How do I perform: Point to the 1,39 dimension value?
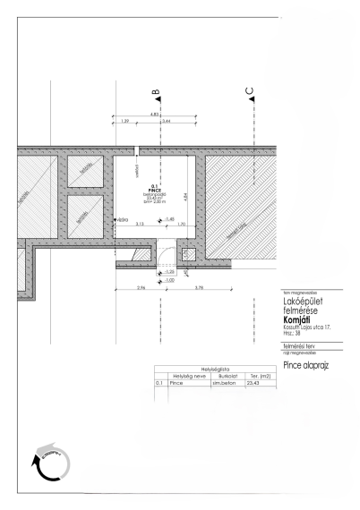point(125,120)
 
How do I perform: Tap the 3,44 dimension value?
point(166,120)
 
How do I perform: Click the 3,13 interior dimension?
point(140,224)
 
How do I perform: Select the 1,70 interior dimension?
point(181,224)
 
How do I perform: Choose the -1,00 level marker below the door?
point(171,281)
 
